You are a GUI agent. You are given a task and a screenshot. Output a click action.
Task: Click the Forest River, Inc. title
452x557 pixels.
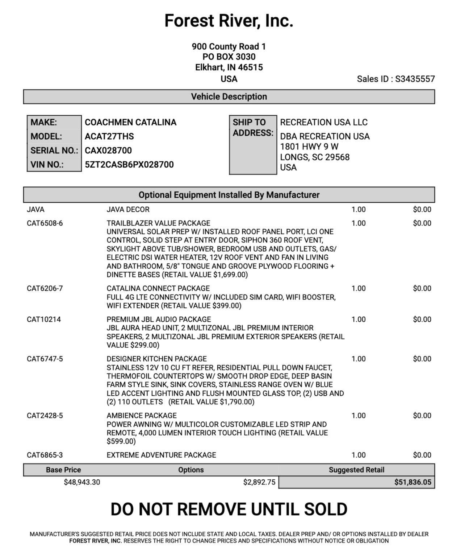tap(229, 21)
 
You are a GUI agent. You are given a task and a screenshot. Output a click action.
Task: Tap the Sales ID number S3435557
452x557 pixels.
tap(415, 79)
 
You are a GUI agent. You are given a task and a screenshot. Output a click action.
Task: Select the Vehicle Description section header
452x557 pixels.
tap(229, 97)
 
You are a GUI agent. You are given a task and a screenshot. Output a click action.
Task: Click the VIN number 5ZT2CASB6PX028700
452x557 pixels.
tap(129, 165)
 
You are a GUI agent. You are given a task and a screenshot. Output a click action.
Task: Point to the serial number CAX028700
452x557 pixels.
tap(108, 150)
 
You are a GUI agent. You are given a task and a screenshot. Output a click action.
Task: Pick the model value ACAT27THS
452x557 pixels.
tap(109, 136)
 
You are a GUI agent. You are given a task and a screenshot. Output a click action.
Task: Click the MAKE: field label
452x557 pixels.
tap(44, 123)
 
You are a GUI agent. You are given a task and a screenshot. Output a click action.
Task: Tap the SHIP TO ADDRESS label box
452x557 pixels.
tap(253, 128)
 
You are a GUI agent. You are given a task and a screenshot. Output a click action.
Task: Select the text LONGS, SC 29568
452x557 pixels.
tap(315, 157)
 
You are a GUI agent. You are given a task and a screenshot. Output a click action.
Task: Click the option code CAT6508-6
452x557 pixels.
tap(45, 223)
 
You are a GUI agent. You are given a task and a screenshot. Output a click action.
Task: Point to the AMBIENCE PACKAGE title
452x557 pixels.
tap(142, 416)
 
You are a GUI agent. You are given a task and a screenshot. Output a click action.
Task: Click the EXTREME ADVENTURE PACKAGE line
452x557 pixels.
tap(161, 455)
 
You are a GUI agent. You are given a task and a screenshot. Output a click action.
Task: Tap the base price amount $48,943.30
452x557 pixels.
tap(82, 482)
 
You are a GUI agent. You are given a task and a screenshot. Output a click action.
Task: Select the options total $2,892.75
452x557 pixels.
tap(259, 482)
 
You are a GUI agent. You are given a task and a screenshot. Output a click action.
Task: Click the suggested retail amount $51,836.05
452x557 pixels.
tap(413, 482)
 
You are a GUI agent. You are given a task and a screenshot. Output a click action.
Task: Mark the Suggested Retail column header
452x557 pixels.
tap(356, 470)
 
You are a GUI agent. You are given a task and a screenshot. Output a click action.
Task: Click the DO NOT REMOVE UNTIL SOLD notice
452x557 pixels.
tap(229, 509)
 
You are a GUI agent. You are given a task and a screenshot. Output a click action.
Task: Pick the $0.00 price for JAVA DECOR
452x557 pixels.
tap(422, 210)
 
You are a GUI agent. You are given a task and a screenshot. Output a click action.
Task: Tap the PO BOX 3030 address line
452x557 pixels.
tap(229, 57)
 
